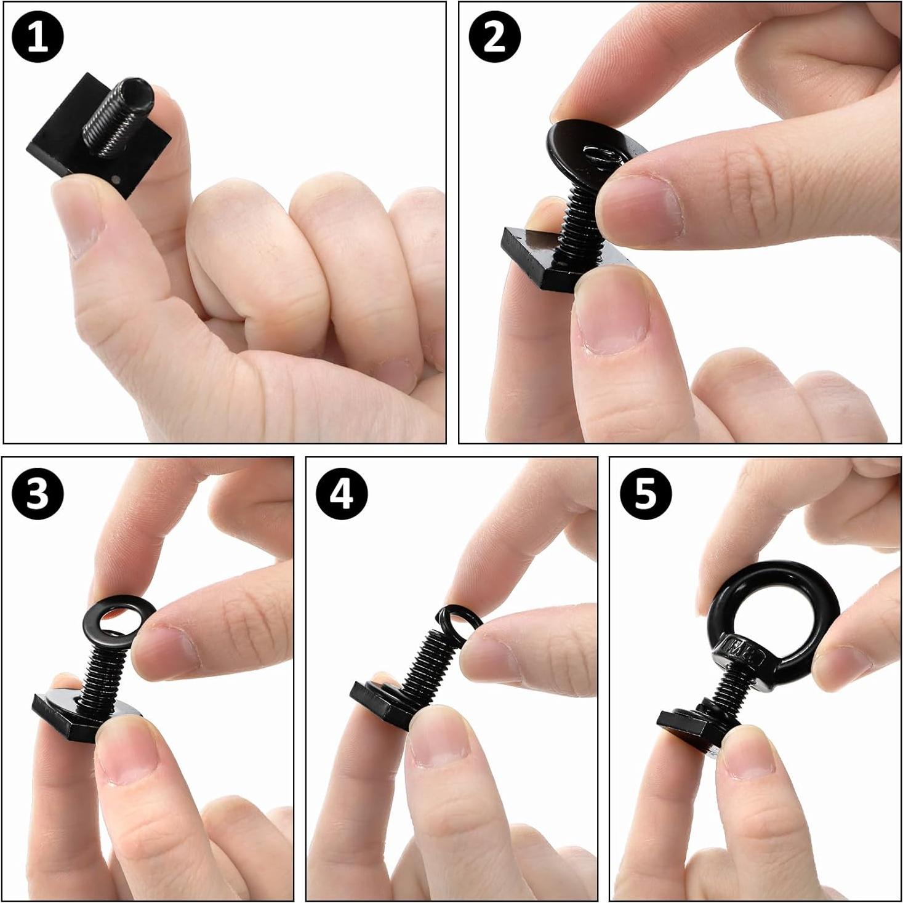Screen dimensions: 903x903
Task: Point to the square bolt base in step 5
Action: [x=683, y=723]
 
